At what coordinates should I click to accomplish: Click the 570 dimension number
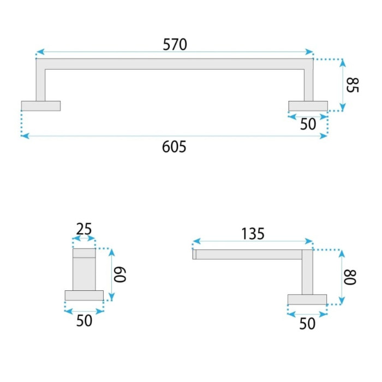(175, 44)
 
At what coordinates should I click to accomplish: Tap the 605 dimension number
(174, 147)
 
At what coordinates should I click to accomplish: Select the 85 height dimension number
(353, 85)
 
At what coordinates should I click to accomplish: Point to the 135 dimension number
(253, 234)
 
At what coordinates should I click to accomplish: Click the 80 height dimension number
(350, 277)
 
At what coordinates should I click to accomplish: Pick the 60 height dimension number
(120, 274)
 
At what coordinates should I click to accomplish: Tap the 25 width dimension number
(84, 229)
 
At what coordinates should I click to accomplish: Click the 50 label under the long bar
(308, 124)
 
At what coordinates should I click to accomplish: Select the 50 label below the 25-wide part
(84, 320)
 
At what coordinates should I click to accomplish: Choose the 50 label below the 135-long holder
(307, 324)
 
